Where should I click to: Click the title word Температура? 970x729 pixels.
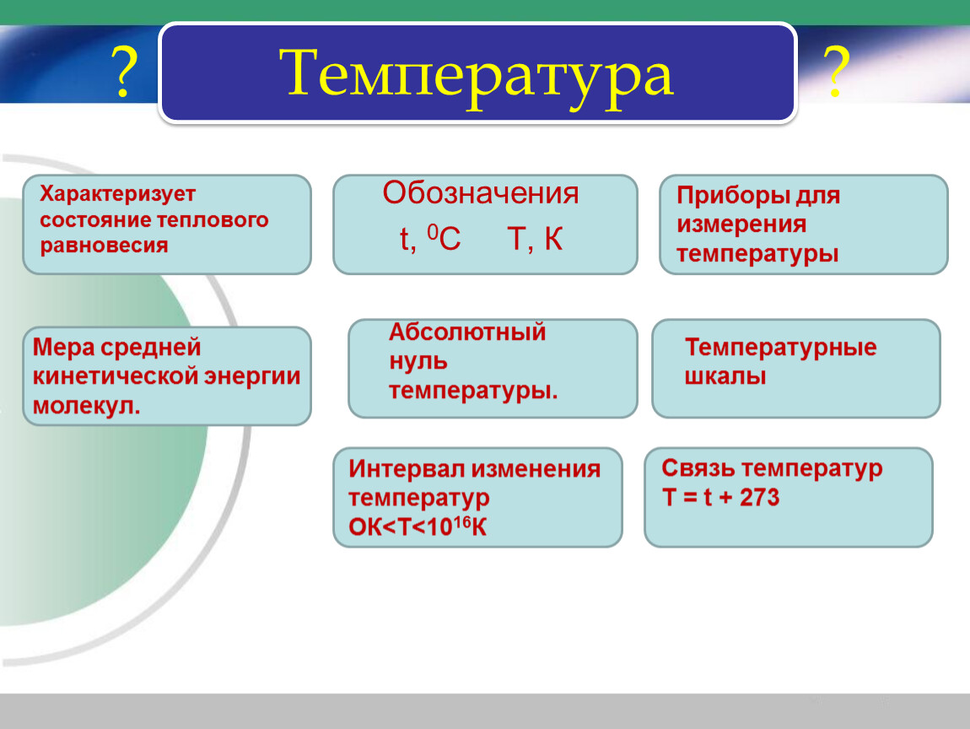(477, 75)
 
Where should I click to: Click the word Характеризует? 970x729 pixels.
(117, 194)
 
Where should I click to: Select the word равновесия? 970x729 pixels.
(104, 246)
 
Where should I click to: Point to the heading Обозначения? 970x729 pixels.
(481, 193)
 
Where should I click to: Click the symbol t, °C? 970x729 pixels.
(430, 238)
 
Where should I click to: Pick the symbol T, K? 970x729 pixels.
(535, 239)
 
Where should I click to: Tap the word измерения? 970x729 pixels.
(741, 224)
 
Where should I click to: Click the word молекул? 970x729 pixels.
(87, 406)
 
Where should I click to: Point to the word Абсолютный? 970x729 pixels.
(467, 332)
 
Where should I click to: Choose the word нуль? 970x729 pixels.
(418, 361)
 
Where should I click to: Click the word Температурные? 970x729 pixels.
(781, 348)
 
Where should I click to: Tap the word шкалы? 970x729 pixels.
(725, 376)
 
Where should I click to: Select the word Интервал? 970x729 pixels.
(405, 469)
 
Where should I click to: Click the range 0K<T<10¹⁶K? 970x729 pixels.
(418, 526)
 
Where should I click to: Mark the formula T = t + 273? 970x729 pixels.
(720, 498)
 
